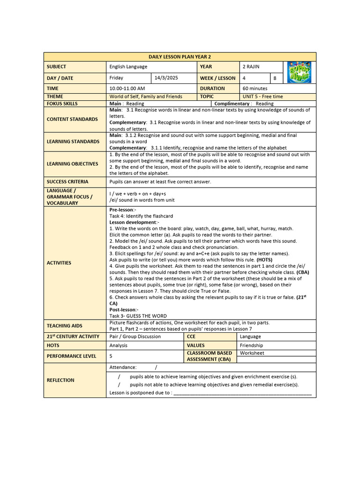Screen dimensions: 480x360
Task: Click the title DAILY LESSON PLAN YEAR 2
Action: (x=180, y=57)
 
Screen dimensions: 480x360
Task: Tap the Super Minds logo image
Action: (x=299, y=72)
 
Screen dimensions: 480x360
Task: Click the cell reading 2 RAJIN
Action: (x=251, y=67)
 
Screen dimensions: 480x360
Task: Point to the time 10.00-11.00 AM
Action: (x=127, y=88)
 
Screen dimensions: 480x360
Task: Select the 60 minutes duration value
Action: (x=255, y=88)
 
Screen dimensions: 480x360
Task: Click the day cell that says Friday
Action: (x=116, y=78)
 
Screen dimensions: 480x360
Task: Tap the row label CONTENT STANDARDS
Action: (x=73, y=119)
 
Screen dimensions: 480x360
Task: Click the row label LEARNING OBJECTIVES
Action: (x=73, y=164)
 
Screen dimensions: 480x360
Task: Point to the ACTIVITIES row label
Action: (x=59, y=263)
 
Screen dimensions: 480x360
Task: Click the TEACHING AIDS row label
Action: (x=64, y=325)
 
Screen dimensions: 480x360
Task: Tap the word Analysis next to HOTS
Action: (x=119, y=345)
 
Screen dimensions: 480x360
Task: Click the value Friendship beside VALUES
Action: (x=251, y=345)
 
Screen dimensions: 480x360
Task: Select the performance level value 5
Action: (x=111, y=356)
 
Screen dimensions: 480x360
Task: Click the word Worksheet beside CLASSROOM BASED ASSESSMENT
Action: (x=252, y=353)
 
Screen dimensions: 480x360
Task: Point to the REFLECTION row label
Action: (x=60, y=380)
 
